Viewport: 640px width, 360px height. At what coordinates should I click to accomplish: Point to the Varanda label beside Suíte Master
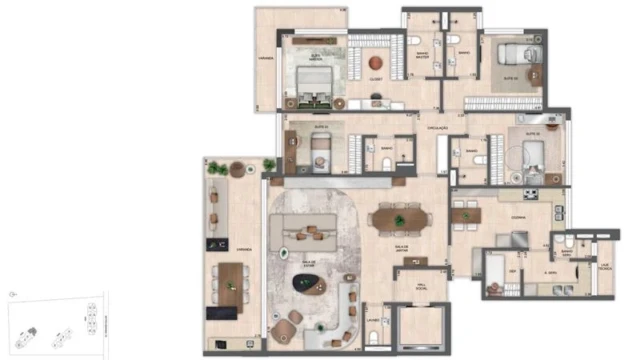(x=266, y=57)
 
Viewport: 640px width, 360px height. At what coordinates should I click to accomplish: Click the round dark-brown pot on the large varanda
(x=237, y=170)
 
